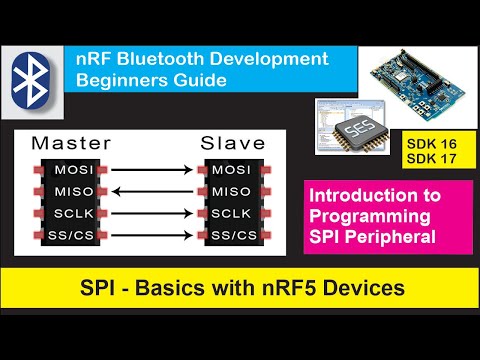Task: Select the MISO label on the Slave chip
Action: click(x=232, y=190)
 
